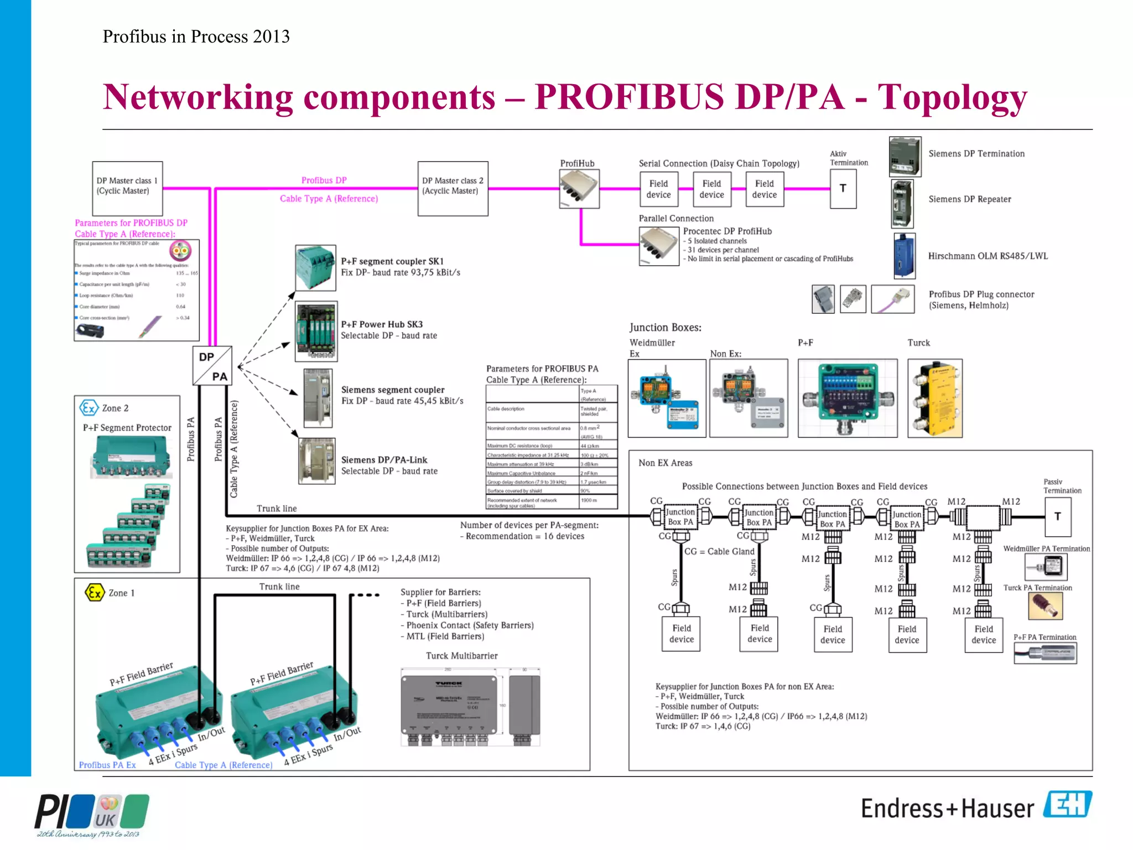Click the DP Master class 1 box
tap(127, 188)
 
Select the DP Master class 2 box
tap(453, 188)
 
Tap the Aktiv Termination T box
tap(843, 189)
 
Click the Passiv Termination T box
tap(1057, 517)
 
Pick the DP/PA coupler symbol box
tap(212, 366)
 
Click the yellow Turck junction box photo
tap(934, 398)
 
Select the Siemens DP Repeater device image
tap(902, 204)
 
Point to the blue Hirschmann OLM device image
tap(905, 256)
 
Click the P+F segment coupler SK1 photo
tap(315, 268)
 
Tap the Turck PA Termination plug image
tap(1045, 605)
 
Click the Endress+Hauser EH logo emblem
tap(1067, 805)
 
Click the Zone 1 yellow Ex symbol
tap(95, 593)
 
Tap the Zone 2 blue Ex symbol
tap(89, 408)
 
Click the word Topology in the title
tap(952, 97)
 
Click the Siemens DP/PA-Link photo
tap(316, 461)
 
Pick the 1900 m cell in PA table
tap(597, 501)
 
